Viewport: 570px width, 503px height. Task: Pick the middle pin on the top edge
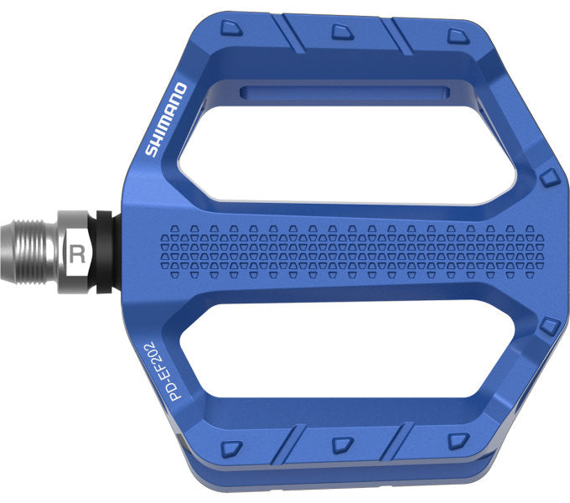point(339,32)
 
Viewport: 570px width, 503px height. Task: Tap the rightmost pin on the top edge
point(455,34)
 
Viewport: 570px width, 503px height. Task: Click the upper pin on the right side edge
point(549,177)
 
